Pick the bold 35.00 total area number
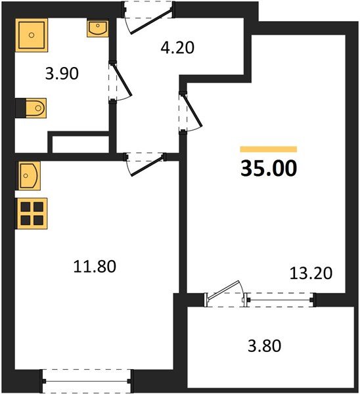pyautogui.click(x=268, y=169)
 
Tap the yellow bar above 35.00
pyautogui.click(x=268, y=149)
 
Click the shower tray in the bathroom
pyautogui.click(x=31, y=35)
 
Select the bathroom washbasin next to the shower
pyautogui.click(x=97, y=29)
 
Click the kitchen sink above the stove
pyautogui.click(x=30, y=175)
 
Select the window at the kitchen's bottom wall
pyautogui.click(x=87, y=380)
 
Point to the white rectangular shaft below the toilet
pyautogui.click(x=79, y=142)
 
